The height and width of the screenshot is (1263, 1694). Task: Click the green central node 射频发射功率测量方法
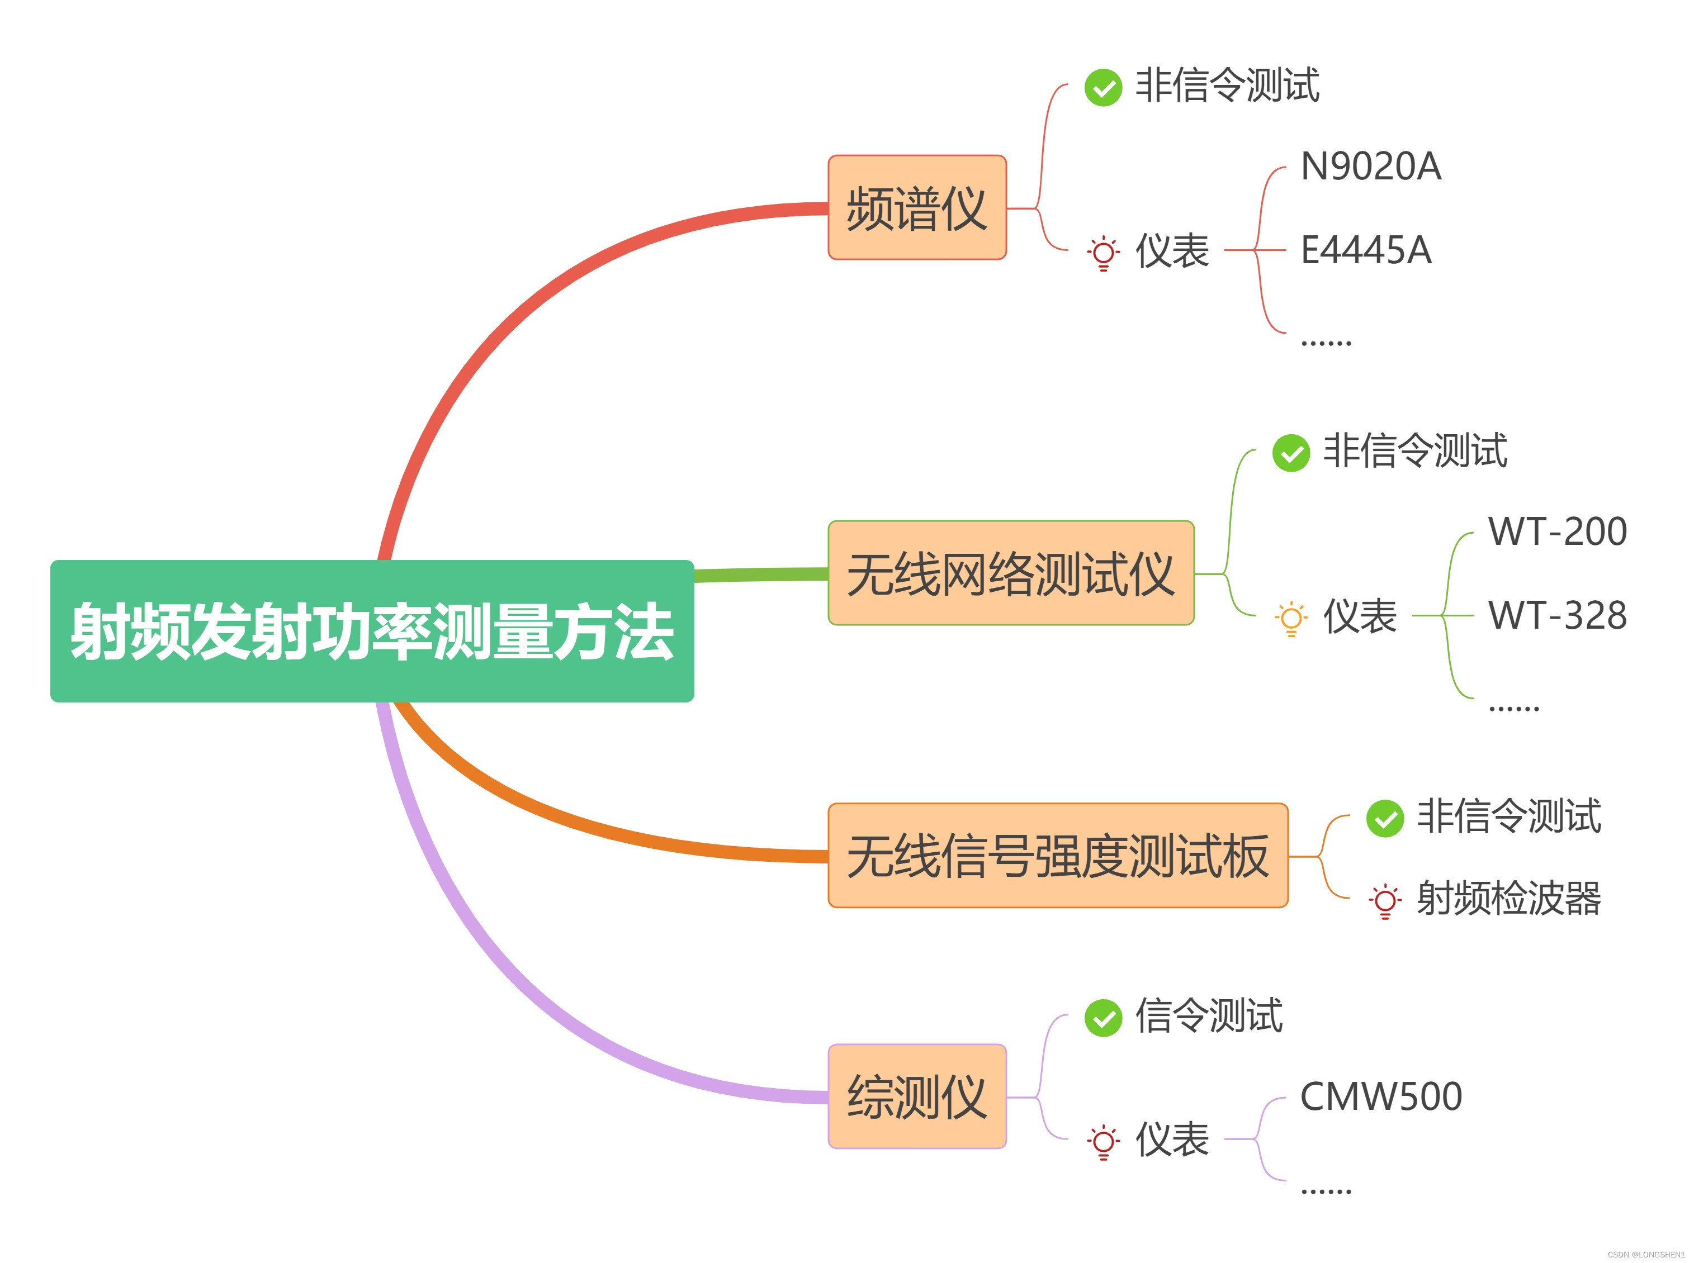click(372, 631)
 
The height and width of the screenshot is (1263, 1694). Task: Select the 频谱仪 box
click(916, 207)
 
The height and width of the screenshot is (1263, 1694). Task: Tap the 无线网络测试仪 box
click(1010, 573)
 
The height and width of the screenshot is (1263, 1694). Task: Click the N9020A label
click(1370, 167)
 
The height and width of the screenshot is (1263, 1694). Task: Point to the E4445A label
click(1366, 250)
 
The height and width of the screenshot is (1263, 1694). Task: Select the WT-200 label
click(1557, 531)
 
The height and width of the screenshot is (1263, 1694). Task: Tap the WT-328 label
click(1557, 615)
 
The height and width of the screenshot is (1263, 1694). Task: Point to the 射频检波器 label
click(1508, 898)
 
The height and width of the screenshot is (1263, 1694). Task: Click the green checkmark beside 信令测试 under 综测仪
click(1103, 1018)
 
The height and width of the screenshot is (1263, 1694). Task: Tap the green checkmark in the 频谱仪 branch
click(1103, 87)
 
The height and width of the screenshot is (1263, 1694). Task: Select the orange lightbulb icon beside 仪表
click(1291, 618)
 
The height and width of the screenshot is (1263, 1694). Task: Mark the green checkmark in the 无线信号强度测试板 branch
click(1384, 818)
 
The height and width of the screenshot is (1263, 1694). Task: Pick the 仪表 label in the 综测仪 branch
click(1172, 1139)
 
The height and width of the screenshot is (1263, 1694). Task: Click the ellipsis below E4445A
click(1326, 343)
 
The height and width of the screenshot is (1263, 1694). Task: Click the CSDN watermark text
click(1646, 1255)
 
